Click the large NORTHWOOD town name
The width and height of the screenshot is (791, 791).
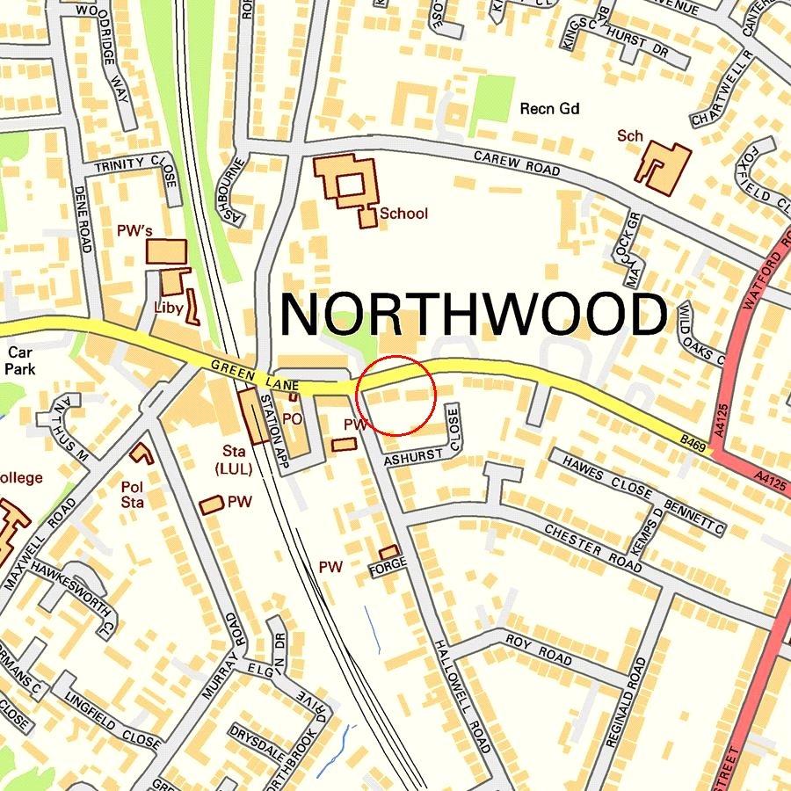click(x=473, y=315)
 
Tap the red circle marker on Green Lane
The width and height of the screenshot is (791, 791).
click(x=397, y=395)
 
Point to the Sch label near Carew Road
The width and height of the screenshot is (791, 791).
click(x=629, y=136)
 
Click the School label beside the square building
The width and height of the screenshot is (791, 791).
click(x=403, y=214)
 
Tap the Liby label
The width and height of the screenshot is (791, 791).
click(x=168, y=308)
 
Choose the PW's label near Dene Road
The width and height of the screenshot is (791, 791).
click(x=134, y=231)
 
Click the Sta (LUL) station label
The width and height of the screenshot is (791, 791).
click(x=233, y=460)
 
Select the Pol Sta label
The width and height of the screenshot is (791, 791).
click(x=132, y=494)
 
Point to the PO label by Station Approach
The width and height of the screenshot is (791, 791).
click(x=292, y=419)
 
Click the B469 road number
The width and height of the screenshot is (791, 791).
click(x=693, y=441)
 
